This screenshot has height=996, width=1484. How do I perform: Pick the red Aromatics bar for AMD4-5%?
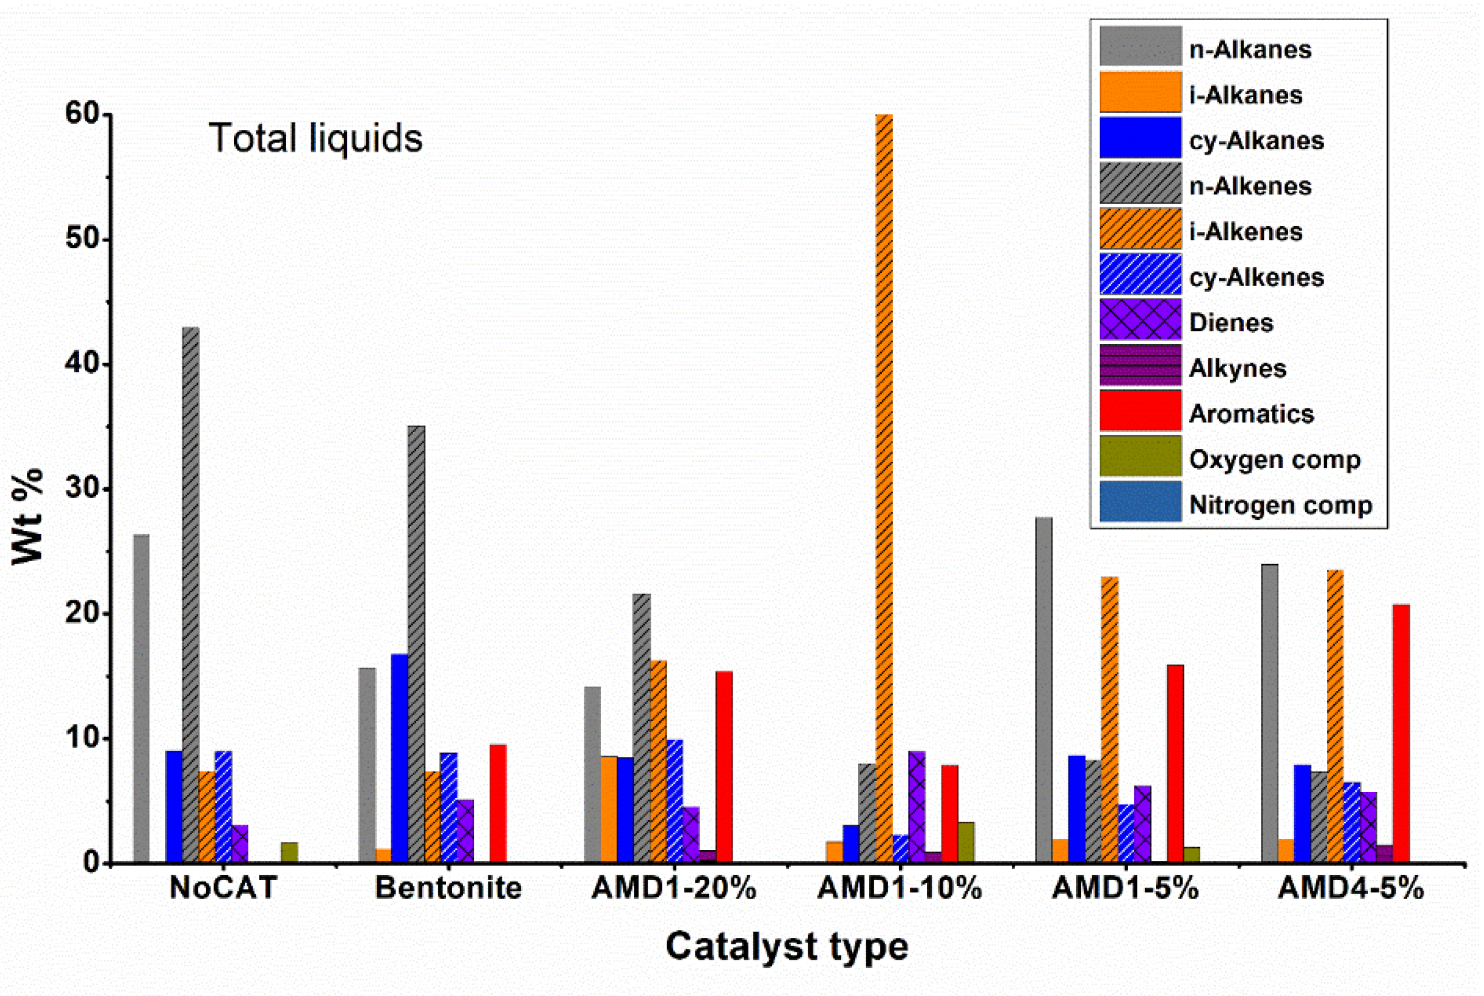click(x=1401, y=733)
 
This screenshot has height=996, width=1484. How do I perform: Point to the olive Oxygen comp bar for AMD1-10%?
click(x=966, y=842)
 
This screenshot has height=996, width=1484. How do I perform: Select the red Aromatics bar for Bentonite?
click(x=498, y=803)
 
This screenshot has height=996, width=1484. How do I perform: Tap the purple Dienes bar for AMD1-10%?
click(x=917, y=807)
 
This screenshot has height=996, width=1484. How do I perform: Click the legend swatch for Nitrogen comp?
click(x=1140, y=502)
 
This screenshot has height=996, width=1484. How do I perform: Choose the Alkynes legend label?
click(x=1237, y=369)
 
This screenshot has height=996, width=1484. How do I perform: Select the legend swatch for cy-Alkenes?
click(x=1140, y=274)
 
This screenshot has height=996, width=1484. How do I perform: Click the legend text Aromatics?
click(x=1251, y=414)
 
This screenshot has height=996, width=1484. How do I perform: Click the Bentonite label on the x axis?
click(x=448, y=888)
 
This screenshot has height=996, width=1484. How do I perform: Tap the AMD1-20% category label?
click(x=674, y=888)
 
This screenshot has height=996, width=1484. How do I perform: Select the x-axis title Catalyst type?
click(x=786, y=947)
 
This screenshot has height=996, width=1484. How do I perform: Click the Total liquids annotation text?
click(x=316, y=138)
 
